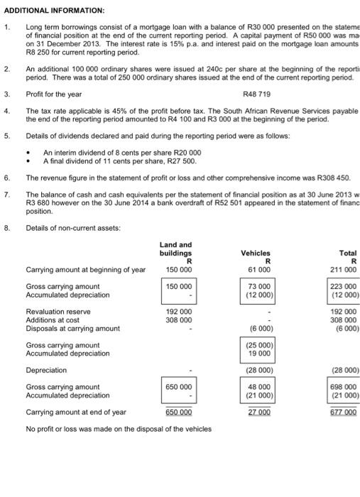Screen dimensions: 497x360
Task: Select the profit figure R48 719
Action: tap(258, 94)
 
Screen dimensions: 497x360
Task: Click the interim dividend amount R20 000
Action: tap(187, 153)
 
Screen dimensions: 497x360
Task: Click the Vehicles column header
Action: tap(256, 252)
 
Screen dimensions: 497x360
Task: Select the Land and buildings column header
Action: tap(176, 248)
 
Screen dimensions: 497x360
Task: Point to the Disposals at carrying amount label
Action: tap(72, 328)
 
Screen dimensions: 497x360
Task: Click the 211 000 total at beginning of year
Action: tap(344, 269)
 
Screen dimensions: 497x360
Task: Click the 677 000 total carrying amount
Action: tap(344, 412)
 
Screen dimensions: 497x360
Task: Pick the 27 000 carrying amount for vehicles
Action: tap(259, 412)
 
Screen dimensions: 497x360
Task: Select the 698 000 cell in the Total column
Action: tap(344, 387)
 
